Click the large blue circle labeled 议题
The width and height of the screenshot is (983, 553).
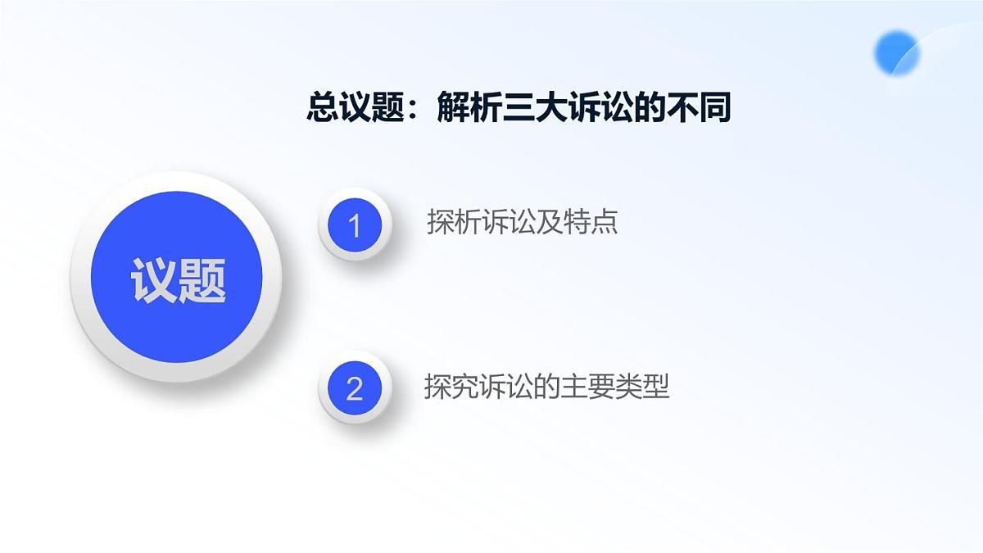[178, 277]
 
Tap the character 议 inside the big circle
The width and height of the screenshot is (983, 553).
[153, 281]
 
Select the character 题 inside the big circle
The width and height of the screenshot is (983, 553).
[202, 281]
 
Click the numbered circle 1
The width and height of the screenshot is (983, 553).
[355, 224]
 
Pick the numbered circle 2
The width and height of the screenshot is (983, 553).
[355, 388]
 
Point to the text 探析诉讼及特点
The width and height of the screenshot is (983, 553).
[522, 223]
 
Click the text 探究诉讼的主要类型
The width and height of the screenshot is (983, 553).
[546, 387]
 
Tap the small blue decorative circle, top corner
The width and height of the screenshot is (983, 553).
[897, 53]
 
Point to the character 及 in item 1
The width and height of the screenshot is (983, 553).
[550, 223]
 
